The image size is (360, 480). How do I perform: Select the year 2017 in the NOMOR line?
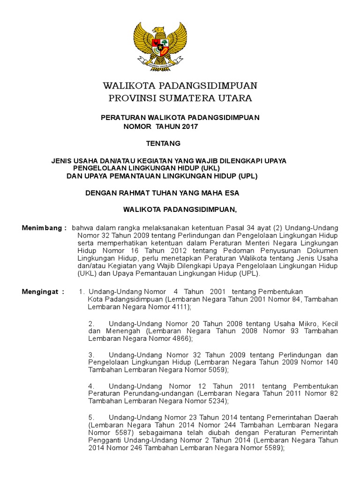point(189,127)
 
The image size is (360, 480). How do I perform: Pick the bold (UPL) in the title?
point(247,176)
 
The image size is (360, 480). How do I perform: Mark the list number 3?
point(91,355)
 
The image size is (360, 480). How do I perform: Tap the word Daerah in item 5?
point(326,417)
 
